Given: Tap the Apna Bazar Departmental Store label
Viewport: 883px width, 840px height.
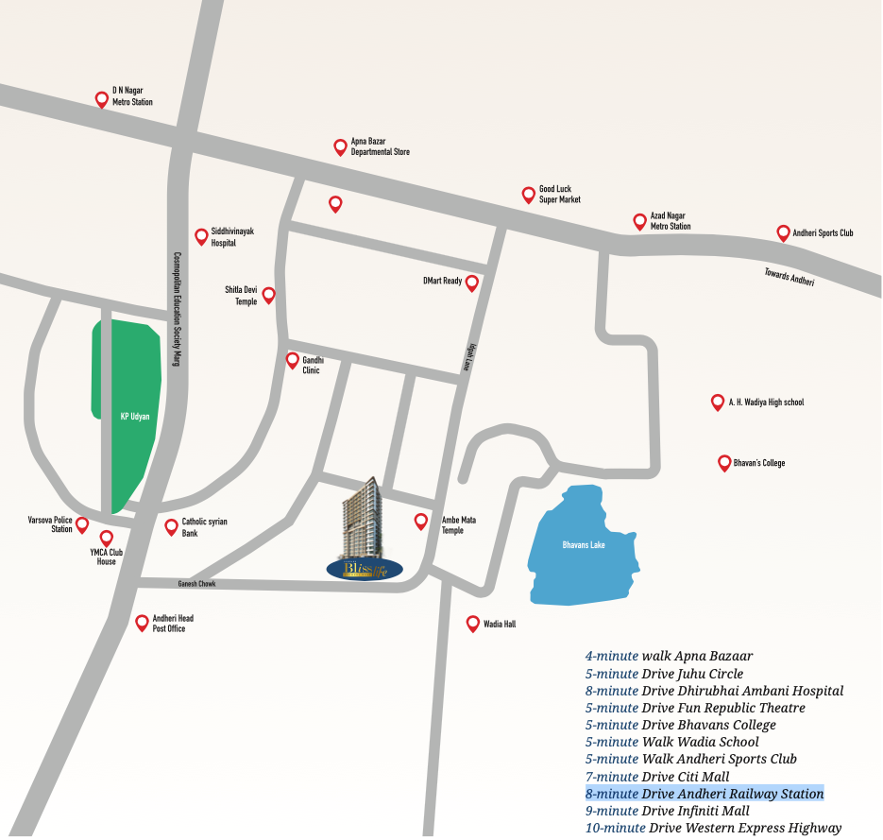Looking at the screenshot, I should click(x=380, y=146).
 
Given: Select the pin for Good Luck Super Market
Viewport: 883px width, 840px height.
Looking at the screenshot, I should click(x=529, y=194).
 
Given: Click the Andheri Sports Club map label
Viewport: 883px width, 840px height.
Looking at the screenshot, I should click(x=822, y=232).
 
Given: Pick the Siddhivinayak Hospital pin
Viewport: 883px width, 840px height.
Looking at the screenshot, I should click(x=201, y=235).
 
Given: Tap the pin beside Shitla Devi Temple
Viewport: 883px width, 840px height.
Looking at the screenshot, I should click(x=268, y=294).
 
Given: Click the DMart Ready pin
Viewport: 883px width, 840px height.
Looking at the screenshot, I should click(x=472, y=282).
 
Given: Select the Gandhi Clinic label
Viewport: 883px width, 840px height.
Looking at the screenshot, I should click(x=311, y=365).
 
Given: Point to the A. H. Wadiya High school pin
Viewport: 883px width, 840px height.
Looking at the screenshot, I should click(x=717, y=402).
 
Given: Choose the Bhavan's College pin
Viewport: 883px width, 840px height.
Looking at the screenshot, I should click(x=723, y=462).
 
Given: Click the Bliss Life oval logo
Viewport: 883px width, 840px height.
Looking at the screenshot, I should click(x=365, y=568).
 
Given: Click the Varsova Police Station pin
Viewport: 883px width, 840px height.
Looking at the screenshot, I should click(x=82, y=523).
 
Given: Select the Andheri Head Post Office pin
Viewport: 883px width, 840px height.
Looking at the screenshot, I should click(x=142, y=622).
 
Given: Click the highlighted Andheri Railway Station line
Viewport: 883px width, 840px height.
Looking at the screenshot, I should click(x=705, y=794).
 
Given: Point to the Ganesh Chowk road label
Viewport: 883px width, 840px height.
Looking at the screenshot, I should click(x=196, y=584).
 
